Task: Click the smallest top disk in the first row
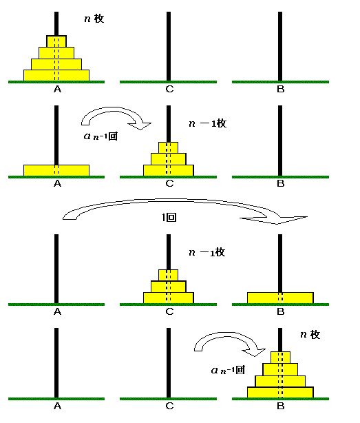click(56, 41)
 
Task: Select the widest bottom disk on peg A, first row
click(56, 75)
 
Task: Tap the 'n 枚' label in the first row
click(94, 19)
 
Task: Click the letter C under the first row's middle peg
click(169, 89)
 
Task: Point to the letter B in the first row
click(281, 89)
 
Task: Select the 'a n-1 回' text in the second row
click(100, 136)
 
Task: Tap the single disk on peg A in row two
click(56, 170)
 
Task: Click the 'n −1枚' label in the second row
click(208, 123)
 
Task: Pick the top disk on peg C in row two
click(168, 147)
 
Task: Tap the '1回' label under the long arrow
click(169, 218)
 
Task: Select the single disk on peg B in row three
click(280, 298)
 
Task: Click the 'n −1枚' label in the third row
click(207, 253)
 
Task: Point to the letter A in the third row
click(57, 311)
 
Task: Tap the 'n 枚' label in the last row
click(310, 335)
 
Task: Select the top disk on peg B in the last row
click(280, 357)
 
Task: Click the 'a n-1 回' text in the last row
click(228, 370)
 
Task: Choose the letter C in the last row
click(169, 406)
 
